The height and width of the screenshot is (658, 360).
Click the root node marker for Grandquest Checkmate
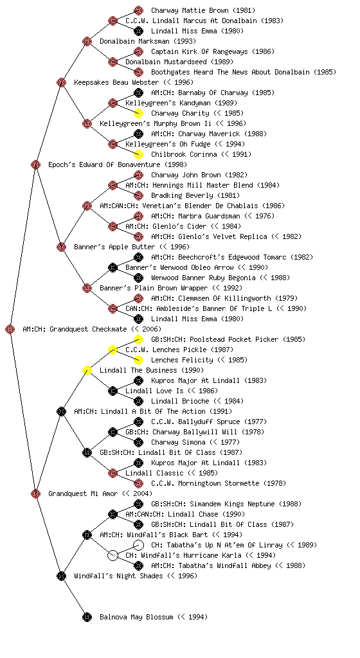10,330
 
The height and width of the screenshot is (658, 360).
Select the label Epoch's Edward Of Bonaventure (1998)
118,164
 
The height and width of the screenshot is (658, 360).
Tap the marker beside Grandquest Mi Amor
35,494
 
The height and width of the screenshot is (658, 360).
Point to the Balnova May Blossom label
154,617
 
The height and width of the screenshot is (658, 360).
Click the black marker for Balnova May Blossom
87,618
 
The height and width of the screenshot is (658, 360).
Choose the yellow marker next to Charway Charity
138,113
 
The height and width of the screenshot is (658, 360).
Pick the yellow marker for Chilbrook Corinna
138,154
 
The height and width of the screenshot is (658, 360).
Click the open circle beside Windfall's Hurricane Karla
113,556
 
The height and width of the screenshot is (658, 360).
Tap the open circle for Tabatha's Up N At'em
138,545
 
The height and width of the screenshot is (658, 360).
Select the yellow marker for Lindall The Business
87,371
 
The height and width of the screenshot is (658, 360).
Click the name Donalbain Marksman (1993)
148,41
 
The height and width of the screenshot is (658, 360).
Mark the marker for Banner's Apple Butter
61,247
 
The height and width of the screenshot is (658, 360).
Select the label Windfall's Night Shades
118,576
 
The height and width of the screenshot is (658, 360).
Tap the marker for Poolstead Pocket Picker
138,339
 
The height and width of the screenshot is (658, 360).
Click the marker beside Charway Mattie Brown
138,10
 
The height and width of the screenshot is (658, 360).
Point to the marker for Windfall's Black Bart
87,535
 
